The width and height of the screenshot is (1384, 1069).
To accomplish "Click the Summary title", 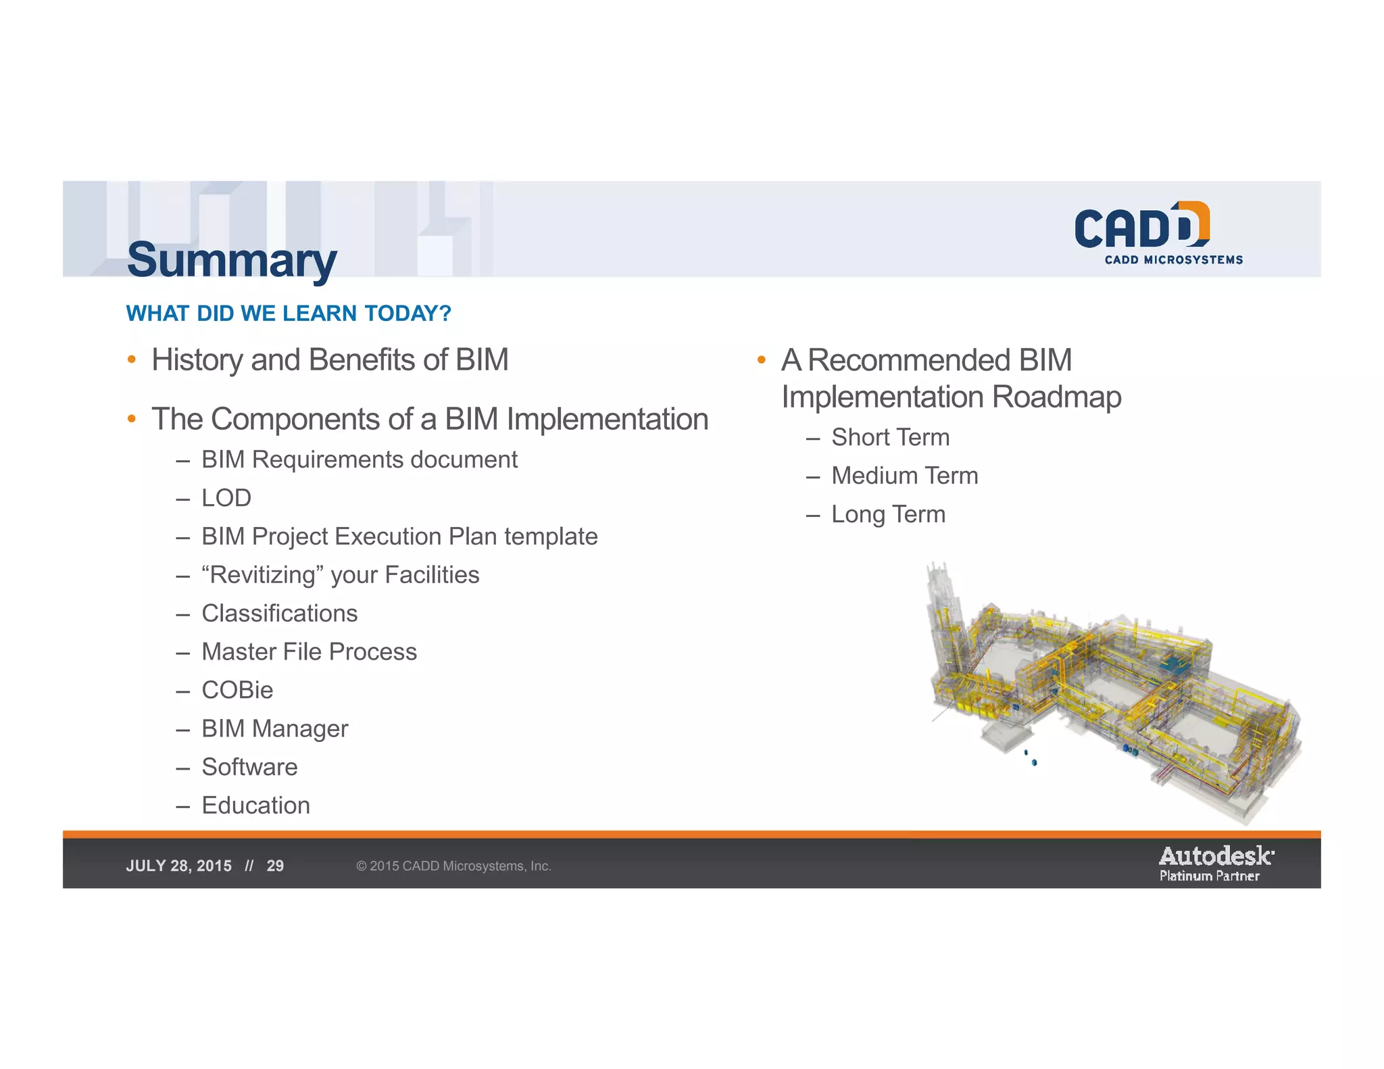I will pos(231,260).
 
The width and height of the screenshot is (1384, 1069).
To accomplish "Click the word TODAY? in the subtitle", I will pos(407,314).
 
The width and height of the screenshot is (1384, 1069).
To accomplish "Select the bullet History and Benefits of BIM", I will pos(330,359).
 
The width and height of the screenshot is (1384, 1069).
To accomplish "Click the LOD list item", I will pos(226,498).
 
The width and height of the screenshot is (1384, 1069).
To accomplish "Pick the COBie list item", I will pos(237,690).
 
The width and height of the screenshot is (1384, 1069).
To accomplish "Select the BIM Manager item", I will pos(274,728).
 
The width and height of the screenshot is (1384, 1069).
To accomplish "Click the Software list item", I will pos(249,767).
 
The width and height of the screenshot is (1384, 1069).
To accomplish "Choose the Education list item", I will pos(255,805).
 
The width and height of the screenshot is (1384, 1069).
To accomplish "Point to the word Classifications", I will pos(279,614).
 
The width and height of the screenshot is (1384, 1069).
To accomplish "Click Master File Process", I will pos(309,652).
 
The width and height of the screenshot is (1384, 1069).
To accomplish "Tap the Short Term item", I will pos(890,437).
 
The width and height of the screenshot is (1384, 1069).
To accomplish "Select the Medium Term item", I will pos(904,476).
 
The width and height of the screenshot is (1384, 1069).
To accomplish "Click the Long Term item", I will pos(888,514).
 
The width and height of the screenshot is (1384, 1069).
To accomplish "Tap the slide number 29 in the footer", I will pos(275,866).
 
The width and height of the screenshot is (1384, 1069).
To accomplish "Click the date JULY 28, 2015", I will pos(178,866).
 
